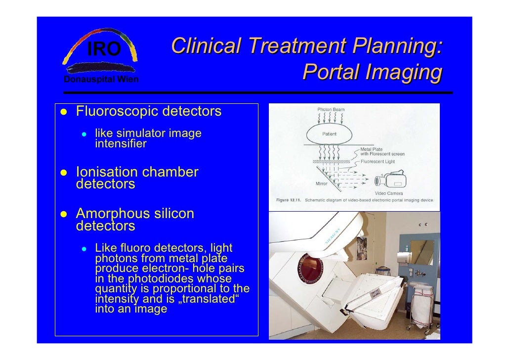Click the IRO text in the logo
[x=104, y=49]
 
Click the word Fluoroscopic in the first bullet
[x=117, y=111]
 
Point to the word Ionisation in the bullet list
[x=107, y=172]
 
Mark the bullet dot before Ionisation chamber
[x=63, y=173]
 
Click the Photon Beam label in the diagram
[x=331, y=109]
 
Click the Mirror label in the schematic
[x=323, y=183]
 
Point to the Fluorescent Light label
[x=379, y=161]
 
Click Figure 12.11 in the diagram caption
[x=289, y=201]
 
